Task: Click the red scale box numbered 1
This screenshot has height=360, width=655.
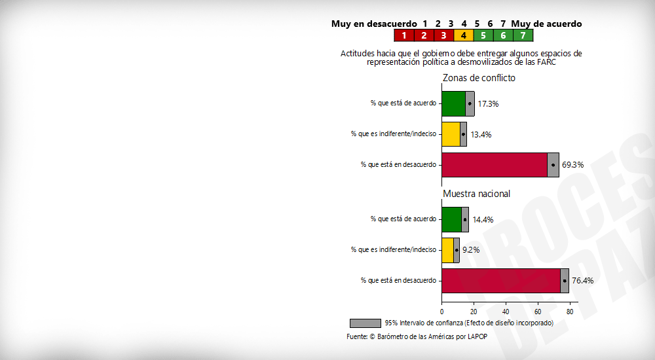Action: point(404,35)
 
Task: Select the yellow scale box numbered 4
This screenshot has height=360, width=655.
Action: point(463,35)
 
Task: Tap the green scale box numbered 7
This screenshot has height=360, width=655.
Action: point(523,35)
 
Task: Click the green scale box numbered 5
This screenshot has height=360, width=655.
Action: point(483,35)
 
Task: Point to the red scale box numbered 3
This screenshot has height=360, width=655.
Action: point(443,35)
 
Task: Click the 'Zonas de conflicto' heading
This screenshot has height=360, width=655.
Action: point(479,78)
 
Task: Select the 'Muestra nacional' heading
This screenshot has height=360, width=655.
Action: point(476,194)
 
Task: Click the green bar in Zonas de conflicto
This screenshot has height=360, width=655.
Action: point(453,103)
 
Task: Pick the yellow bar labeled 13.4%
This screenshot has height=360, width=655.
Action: point(451,134)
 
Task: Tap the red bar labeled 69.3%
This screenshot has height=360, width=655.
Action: point(495,164)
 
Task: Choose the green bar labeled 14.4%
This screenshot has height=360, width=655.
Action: point(451,219)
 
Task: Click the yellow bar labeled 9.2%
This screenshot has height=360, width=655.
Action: point(447,250)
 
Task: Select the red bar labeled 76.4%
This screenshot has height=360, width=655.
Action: point(500,280)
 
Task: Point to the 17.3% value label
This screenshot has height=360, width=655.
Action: point(488,104)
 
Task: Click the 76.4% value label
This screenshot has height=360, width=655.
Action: point(582,281)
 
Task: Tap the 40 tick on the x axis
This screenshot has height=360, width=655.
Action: point(506,312)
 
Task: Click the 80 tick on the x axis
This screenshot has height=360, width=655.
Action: point(570,312)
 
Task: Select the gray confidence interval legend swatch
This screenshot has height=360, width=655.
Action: point(365,323)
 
